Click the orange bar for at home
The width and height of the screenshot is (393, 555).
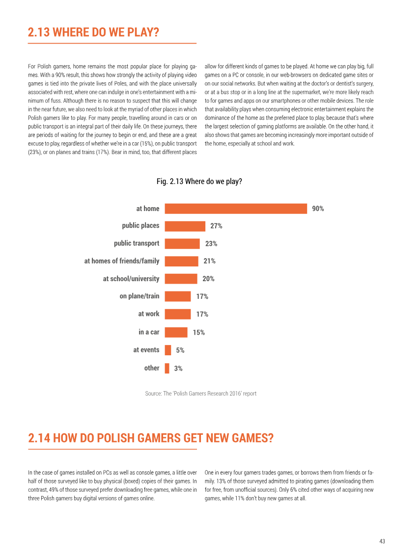pyautogui.click(x=236, y=209)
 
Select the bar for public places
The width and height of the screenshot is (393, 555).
pyautogui.click(x=185, y=226)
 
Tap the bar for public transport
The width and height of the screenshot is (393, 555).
pyautogui.click(x=182, y=243)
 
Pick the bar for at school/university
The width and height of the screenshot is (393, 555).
pyautogui.click(x=181, y=279)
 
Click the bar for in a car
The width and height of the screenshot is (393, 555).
pyautogui.click(x=176, y=332)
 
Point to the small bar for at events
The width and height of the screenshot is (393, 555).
pyautogui.click(x=168, y=350)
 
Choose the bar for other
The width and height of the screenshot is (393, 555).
pyautogui.click(x=167, y=368)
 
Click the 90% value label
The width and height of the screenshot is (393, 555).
pyautogui.click(x=318, y=209)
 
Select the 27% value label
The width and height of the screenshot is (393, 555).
pyautogui.click(x=216, y=226)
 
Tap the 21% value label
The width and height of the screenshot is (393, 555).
pyautogui.click(x=209, y=261)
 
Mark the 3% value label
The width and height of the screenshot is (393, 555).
pyautogui.click(x=178, y=369)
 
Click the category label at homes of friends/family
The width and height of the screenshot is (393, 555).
pyautogui.click(x=121, y=261)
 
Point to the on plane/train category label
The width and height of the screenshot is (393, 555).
pyautogui.click(x=139, y=296)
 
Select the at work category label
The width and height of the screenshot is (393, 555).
pyautogui.click(x=149, y=314)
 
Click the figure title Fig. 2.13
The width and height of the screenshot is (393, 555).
pyautogui.click(x=199, y=181)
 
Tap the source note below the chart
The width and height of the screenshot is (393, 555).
pyautogui.click(x=200, y=393)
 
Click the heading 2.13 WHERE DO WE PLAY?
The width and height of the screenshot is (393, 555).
pyautogui.click(x=93, y=32)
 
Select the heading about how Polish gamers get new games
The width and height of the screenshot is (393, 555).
pyautogui.click(x=151, y=438)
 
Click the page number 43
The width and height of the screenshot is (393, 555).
pyautogui.click(x=382, y=541)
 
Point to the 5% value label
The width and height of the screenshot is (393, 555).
pyautogui.click(x=180, y=350)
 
